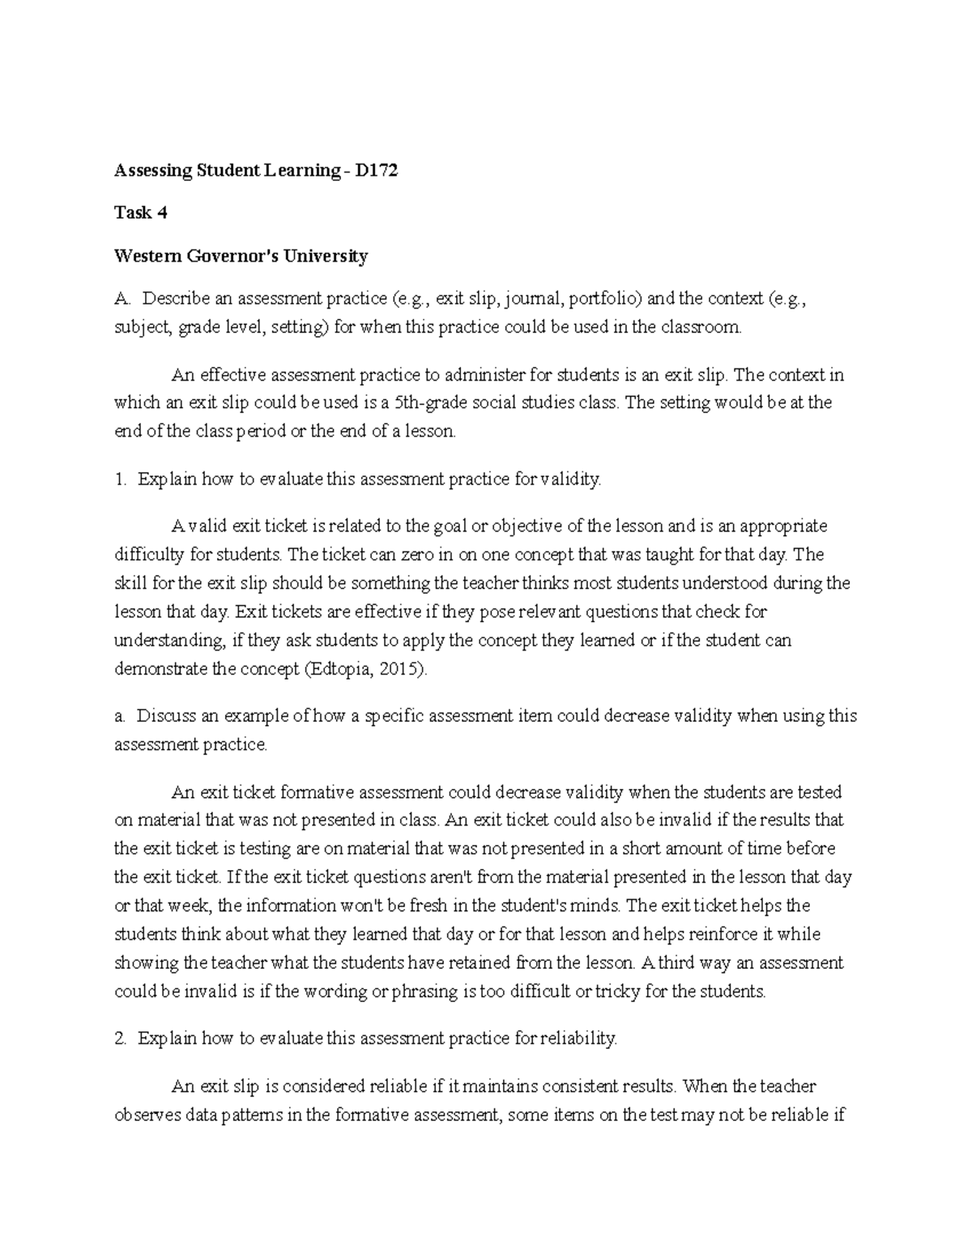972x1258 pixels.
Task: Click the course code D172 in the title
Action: [x=376, y=171]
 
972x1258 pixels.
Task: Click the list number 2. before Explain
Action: [x=121, y=1038]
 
